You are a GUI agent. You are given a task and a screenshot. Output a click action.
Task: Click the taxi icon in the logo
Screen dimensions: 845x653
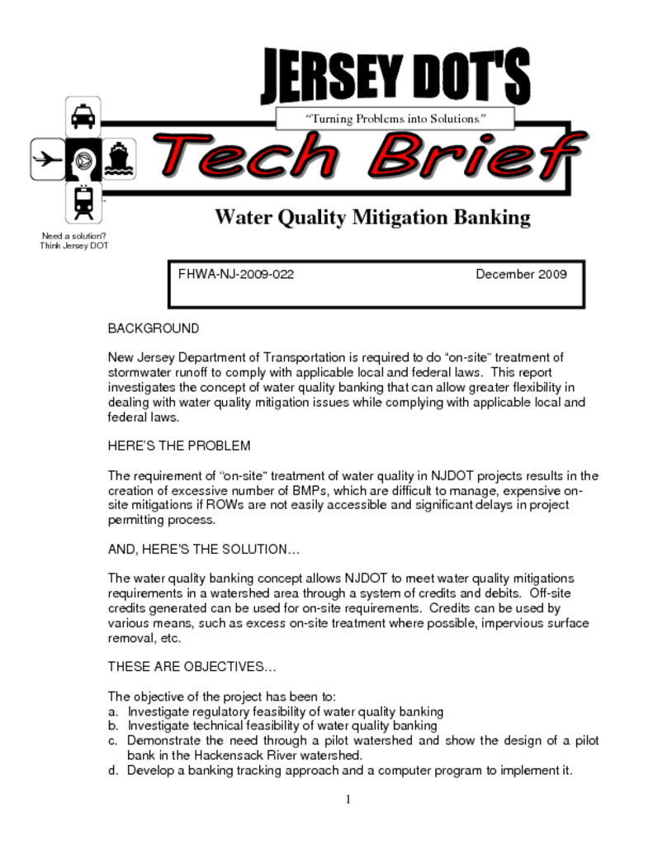pyautogui.click(x=83, y=117)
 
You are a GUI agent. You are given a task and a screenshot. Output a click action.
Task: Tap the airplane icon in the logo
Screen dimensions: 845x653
pyautogui.click(x=47, y=159)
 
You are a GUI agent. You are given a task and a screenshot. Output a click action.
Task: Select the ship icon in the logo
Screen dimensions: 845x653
pyautogui.click(x=119, y=159)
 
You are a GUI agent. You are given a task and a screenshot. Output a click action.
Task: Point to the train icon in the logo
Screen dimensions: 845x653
pyautogui.click(x=83, y=201)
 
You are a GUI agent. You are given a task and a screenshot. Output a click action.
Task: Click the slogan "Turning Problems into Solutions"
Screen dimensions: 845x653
pyautogui.click(x=396, y=119)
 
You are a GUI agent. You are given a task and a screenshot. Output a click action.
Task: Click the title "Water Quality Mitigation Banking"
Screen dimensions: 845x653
pyautogui.click(x=372, y=218)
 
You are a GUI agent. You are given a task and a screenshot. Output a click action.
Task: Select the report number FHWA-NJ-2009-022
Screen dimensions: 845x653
pyautogui.click(x=236, y=274)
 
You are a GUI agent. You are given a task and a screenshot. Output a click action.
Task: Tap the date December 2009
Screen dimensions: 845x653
pyautogui.click(x=521, y=274)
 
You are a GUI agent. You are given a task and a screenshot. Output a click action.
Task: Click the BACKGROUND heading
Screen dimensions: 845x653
pyautogui.click(x=154, y=328)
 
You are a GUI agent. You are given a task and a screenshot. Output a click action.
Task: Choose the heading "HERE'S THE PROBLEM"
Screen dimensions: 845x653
pyautogui.click(x=179, y=446)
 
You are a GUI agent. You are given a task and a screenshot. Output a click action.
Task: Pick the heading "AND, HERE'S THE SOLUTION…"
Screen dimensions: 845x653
pyautogui.click(x=204, y=549)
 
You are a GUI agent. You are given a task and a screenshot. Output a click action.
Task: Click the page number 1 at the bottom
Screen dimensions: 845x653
pyautogui.click(x=348, y=799)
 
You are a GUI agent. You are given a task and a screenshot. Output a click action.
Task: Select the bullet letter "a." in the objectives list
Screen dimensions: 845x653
pyautogui.click(x=113, y=711)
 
